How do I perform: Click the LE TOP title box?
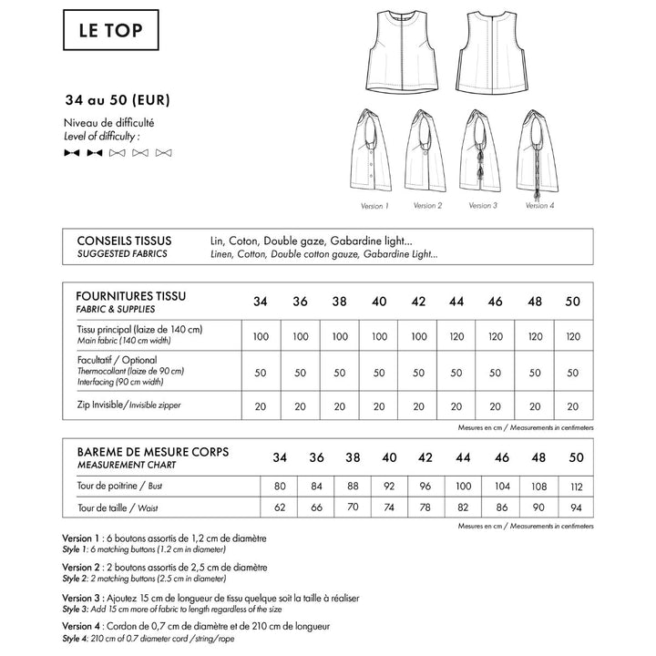pyautogui.click(x=109, y=34)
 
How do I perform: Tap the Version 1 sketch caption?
pyautogui.click(x=374, y=206)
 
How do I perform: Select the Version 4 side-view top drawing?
pyautogui.click(x=538, y=150)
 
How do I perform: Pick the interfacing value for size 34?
pyautogui.click(x=261, y=372)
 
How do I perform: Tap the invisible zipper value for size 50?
pyautogui.click(x=573, y=406)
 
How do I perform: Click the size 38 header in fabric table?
pyautogui.click(x=340, y=302)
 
